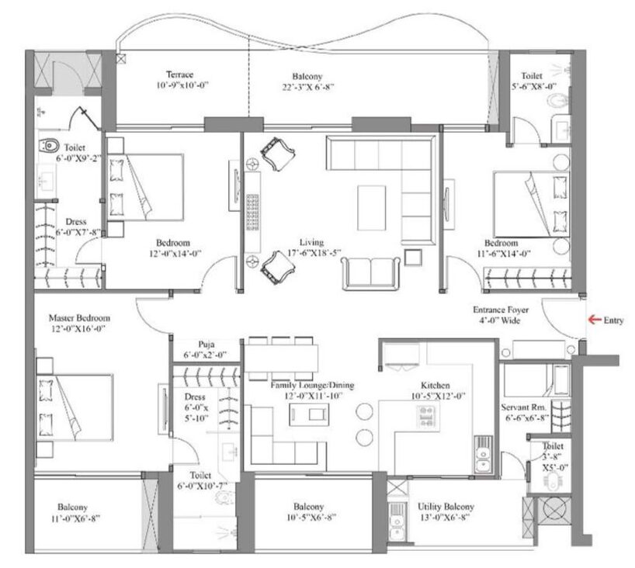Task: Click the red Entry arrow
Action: tap(595, 320)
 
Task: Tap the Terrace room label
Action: tap(180, 74)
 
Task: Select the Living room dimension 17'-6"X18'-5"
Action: tap(314, 253)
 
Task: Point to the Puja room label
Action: tap(206, 344)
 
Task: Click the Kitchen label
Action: tap(435, 385)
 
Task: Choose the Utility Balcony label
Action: tap(446, 507)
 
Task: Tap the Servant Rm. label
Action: tap(523, 407)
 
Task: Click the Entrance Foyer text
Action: tap(501, 310)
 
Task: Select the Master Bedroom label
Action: tap(79, 318)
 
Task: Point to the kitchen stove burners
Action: tap(427, 417)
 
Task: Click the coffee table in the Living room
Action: tap(371, 208)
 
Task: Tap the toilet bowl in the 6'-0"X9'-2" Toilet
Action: tap(49, 145)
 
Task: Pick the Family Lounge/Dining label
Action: tap(312, 385)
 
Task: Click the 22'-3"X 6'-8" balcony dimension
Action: tap(308, 87)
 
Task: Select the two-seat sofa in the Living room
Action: tap(370, 273)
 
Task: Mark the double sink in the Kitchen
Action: tap(483, 454)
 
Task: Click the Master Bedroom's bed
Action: tap(75, 407)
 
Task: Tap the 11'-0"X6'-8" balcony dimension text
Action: tap(75, 518)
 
